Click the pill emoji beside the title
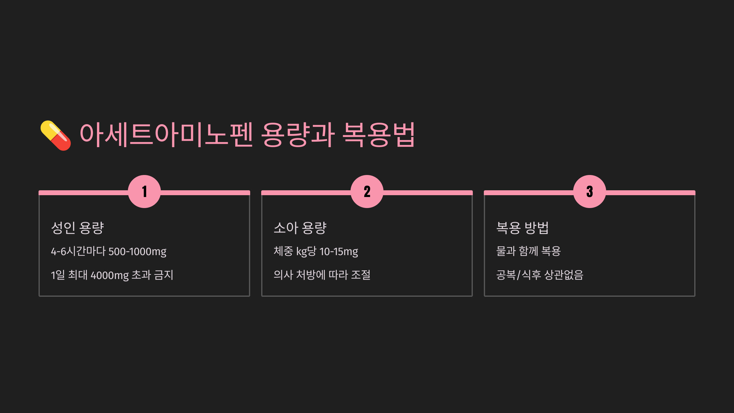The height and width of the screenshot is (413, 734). (x=56, y=136)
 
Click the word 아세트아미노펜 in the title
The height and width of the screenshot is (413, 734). (x=166, y=135)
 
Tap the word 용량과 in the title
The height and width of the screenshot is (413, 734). (x=298, y=135)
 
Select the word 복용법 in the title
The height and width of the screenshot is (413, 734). (x=379, y=135)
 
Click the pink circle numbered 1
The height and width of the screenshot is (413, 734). (x=144, y=192)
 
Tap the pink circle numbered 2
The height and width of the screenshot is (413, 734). (x=367, y=192)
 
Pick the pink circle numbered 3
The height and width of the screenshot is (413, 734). (x=590, y=192)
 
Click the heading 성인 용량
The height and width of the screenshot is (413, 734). (x=78, y=228)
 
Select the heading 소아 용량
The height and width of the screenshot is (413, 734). (x=300, y=228)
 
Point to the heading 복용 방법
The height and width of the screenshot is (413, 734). (x=523, y=228)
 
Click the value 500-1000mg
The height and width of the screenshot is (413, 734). (x=137, y=251)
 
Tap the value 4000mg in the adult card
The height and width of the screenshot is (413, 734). (x=109, y=275)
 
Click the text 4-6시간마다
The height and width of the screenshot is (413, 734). (x=78, y=251)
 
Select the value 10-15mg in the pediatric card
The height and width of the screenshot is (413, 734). (x=339, y=251)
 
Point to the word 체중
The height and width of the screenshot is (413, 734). (x=283, y=251)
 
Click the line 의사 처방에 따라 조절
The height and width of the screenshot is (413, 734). (x=322, y=275)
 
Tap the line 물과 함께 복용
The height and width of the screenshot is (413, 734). (x=528, y=251)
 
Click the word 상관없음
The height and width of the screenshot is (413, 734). (x=564, y=275)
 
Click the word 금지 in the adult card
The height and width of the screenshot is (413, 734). (x=164, y=275)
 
